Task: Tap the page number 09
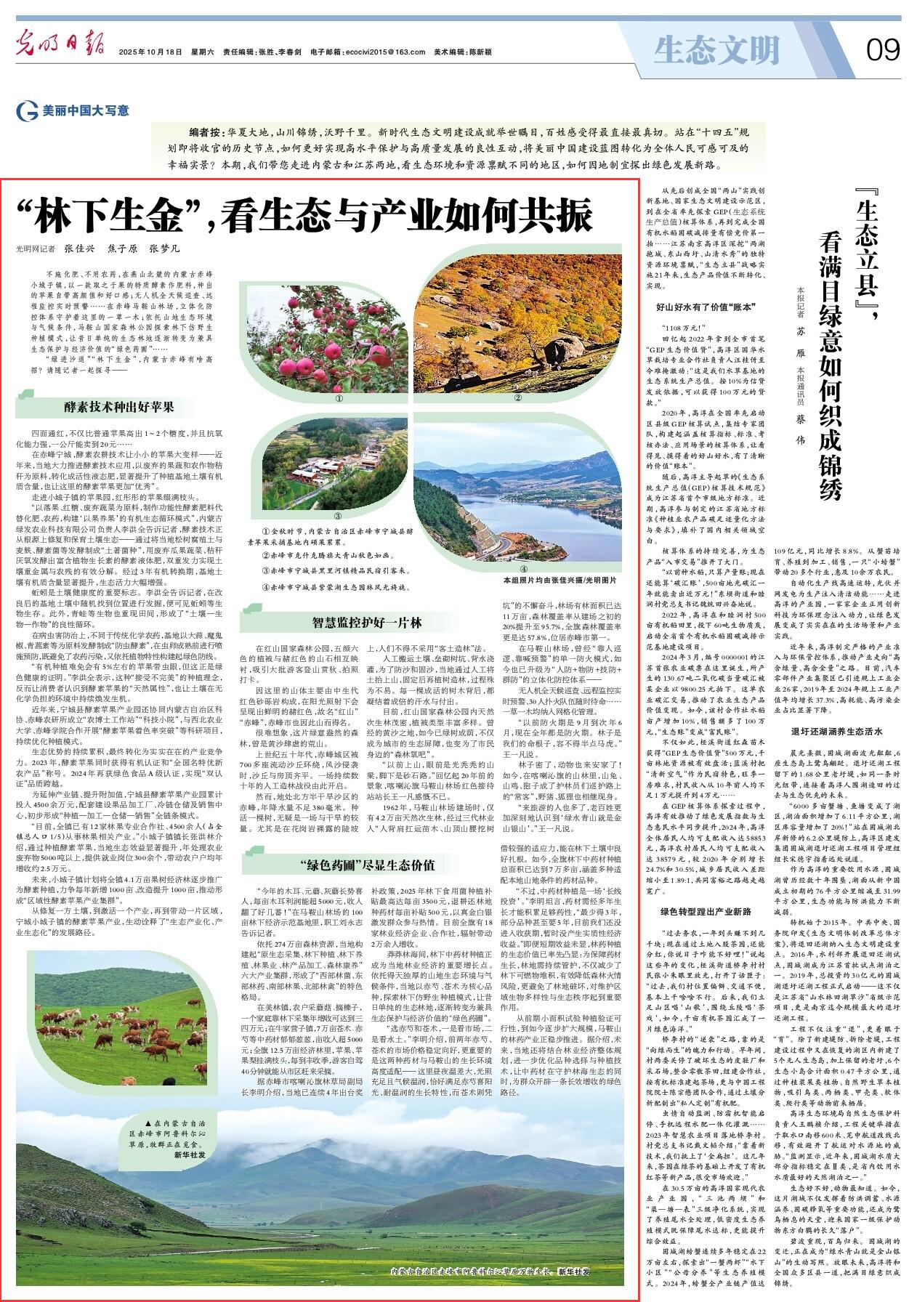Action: (882, 51)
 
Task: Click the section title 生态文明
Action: (716, 50)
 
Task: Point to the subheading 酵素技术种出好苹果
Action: (118, 407)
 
